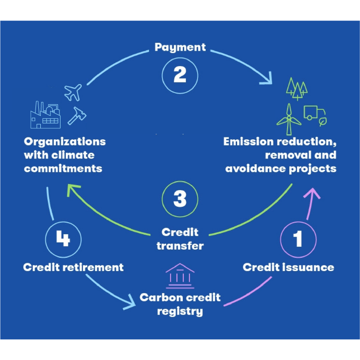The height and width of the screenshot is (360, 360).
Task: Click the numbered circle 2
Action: tap(180, 76)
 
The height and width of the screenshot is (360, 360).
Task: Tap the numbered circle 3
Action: tap(180, 199)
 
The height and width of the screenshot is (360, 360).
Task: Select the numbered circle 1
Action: tap(298, 239)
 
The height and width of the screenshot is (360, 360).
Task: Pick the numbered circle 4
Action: tap(63, 239)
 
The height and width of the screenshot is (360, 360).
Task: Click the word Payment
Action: tap(180, 47)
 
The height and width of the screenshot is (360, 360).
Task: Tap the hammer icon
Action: tap(76, 115)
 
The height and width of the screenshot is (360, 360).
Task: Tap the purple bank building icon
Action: tap(180, 276)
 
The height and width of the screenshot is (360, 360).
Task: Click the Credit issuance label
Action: tap(288, 267)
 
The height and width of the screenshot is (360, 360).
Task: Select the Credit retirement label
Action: tap(73, 267)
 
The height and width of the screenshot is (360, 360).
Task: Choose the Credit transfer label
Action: tap(180, 239)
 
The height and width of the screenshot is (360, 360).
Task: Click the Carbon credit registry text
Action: tap(180, 304)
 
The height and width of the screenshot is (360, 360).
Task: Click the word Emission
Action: tap(248, 142)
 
